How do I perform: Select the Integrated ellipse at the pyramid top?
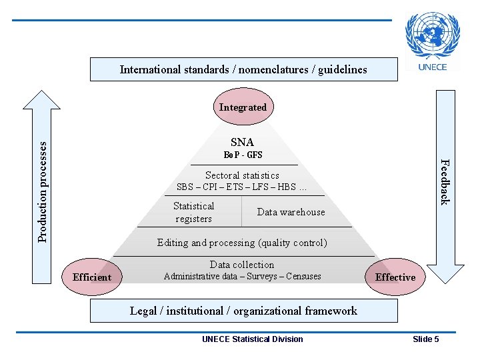[243, 107]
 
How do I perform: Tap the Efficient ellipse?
[92, 277]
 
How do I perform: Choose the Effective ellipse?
[395, 277]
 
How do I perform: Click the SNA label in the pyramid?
[242, 142]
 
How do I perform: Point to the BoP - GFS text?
[243, 155]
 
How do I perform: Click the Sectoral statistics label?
[242, 175]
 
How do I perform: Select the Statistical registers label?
[193, 213]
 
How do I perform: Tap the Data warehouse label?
[291, 212]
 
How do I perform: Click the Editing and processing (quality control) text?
[242, 243]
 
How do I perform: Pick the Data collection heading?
[242, 265]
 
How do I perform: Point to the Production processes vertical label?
[42, 190]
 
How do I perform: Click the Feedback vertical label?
[445, 182]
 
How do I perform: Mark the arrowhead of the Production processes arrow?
[41, 99]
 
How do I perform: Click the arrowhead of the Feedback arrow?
[445, 273]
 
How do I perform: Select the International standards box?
[243, 69]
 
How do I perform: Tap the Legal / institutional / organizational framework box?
[243, 311]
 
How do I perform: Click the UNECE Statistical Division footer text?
[252, 339]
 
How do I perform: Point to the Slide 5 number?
[426, 339]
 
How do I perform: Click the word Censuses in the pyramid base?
[303, 276]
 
